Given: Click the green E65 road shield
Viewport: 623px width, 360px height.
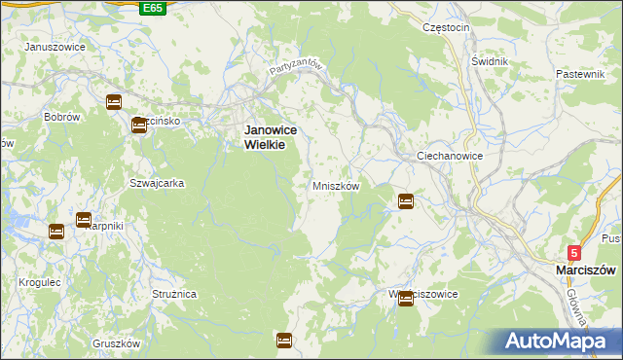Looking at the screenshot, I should (x=152, y=8).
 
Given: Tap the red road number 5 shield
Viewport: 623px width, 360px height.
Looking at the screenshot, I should (x=574, y=252).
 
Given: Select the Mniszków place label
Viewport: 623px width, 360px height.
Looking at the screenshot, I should (x=336, y=185).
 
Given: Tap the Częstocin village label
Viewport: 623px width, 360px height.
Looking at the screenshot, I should (x=446, y=27).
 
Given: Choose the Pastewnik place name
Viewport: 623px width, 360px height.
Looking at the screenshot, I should (x=581, y=74).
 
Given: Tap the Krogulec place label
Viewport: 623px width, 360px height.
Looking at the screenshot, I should (x=39, y=281).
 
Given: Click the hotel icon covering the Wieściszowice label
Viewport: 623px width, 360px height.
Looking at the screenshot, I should (x=405, y=300).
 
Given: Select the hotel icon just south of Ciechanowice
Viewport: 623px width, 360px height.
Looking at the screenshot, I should (x=405, y=201).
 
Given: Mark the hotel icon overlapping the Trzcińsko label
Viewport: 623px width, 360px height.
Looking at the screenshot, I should (x=139, y=124).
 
